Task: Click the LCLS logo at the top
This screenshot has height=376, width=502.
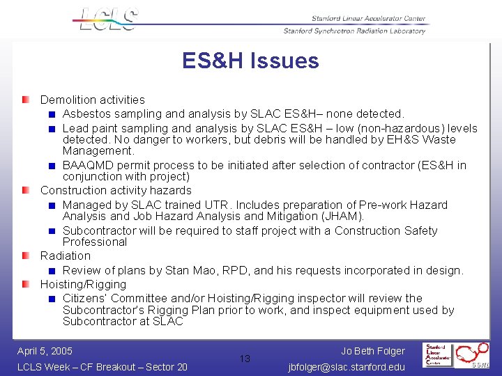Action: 106,19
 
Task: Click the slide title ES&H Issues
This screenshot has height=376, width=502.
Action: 250,61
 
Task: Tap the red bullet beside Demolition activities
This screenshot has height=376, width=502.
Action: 26,100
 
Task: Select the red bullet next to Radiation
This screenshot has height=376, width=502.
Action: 26,256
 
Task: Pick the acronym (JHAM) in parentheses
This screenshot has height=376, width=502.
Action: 341,216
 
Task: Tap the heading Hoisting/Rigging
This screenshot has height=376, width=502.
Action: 83,284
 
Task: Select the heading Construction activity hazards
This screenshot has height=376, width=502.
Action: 116,190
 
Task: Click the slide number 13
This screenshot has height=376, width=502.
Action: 245,359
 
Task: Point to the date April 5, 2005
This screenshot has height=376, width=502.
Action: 45,351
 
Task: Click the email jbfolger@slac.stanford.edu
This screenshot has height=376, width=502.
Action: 347,367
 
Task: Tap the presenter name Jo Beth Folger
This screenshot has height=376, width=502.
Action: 373,351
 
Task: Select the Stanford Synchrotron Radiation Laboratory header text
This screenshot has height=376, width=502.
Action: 354,31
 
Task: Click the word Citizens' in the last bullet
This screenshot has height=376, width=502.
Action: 86,298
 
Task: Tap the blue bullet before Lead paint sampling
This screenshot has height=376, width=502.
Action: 52,128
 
